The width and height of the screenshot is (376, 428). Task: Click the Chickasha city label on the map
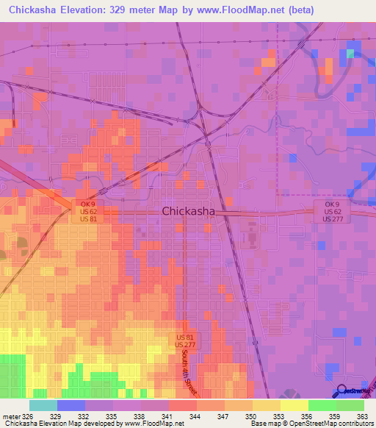[x=188, y=211]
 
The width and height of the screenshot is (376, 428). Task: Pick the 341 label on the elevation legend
[x=168, y=415]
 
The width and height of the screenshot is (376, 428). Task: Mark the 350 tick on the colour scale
[x=252, y=415]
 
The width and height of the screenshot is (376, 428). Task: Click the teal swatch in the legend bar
[x=43, y=405]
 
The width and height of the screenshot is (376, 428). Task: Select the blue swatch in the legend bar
[x=71, y=405]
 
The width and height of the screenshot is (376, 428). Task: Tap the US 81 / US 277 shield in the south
[x=184, y=340]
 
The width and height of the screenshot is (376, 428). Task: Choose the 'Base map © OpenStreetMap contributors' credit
[x=311, y=424]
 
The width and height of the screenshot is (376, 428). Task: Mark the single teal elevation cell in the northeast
[x=351, y=53]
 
